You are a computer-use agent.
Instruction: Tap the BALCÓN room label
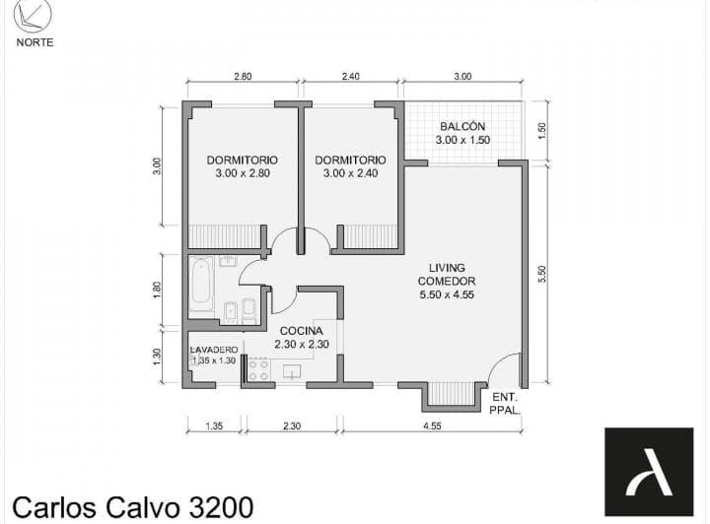click(x=462, y=127)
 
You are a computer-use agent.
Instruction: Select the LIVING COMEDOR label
click(x=447, y=275)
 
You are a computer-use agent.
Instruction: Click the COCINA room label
click(x=301, y=331)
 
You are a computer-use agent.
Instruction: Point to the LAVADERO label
click(x=214, y=350)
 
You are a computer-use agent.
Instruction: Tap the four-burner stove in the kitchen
click(x=258, y=369)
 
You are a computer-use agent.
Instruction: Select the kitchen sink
click(x=292, y=371)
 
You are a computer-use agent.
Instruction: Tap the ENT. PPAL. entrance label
click(x=505, y=404)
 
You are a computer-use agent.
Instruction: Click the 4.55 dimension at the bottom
click(x=432, y=426)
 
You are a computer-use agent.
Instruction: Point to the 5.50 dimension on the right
click(x=542, y=274)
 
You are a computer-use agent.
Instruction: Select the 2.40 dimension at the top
click(x=350, y=77)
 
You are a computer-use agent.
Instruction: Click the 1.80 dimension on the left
click(x=157, y=291)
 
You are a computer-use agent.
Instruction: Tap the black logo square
click(x=649, y=472)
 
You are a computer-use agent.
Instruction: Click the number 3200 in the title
click(x=221, y=507)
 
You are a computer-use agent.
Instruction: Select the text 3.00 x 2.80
click(x=243, y=173)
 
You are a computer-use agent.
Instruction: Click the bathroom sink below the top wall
click(x=228, y=262)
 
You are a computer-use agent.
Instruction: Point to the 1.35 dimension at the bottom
click(x=214, y=426)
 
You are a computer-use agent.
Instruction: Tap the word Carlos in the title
click(x=54, y=507)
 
